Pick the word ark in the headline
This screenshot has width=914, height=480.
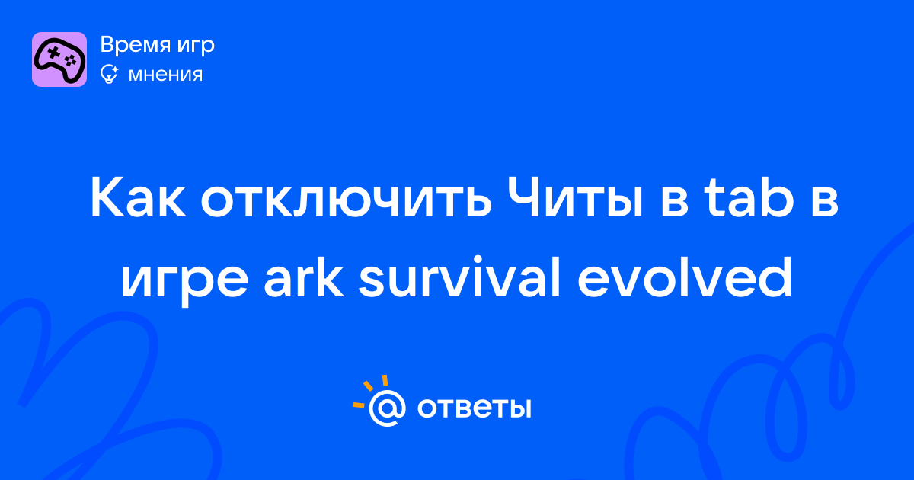pos(304,277)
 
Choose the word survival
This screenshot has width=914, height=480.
pos(459,277)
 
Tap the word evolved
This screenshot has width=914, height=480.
pos(685,277)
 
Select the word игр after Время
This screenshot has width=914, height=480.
pos(196,46)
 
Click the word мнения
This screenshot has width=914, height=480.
pos(165,75)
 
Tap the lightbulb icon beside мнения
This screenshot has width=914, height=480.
pos(109,75)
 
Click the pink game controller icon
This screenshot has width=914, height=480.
pos(59,59)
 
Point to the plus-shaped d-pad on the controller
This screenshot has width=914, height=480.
pos(53,53)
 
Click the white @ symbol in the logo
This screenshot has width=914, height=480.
pos(387,408)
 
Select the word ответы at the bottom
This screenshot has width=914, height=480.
pos(474,408)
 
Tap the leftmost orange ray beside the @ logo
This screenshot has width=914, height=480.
pos(359,405)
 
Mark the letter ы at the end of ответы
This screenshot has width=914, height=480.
pos(519,408)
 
